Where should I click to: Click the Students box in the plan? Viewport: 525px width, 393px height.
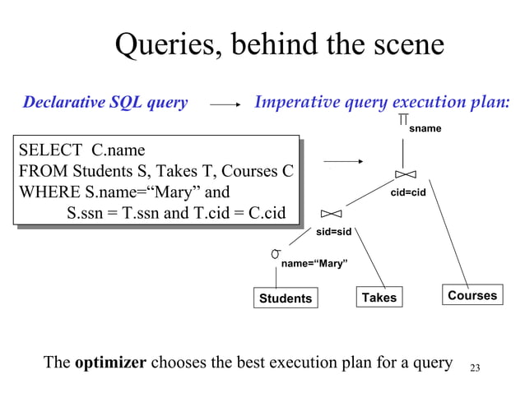pos(286,298)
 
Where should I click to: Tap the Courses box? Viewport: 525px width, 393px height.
pos(472,295)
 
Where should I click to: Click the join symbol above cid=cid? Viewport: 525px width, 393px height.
pos(405,174)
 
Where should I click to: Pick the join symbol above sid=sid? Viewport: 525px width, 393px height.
pos(331,214)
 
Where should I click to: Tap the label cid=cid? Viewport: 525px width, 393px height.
pos(407,192)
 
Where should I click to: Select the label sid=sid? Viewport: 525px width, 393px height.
pos(334,232)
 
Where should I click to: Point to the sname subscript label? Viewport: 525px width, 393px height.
pos(425,129)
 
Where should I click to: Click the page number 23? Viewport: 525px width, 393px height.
pos(474,367)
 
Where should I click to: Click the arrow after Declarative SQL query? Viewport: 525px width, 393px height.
pos(225,104)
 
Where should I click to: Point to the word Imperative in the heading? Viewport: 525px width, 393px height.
pos(298,103)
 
